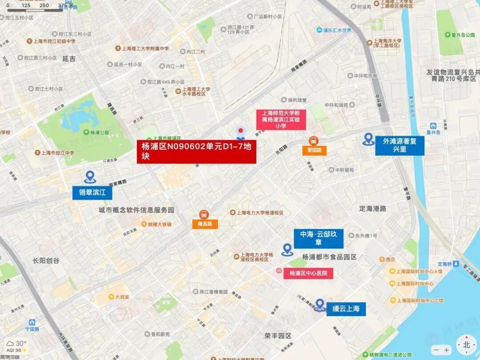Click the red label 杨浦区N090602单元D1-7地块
[x=196, y=152]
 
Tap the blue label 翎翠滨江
[x=92, y=192]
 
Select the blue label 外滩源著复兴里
[x=400, y=145]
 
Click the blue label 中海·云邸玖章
[x=318, y=239]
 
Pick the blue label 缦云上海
[x=346, y=309]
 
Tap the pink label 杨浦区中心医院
[x=308, y=273]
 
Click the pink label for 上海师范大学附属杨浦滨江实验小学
[x=281, y=120]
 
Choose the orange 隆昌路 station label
[x=205, y=224]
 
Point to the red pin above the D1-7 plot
[x=241, y=131]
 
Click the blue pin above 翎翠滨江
[x=90, y=177]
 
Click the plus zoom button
[x=447, y=350]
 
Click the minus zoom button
[x=436, y=350]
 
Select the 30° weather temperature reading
[x=20, y=343]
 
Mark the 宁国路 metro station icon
[x=32, y=322]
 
